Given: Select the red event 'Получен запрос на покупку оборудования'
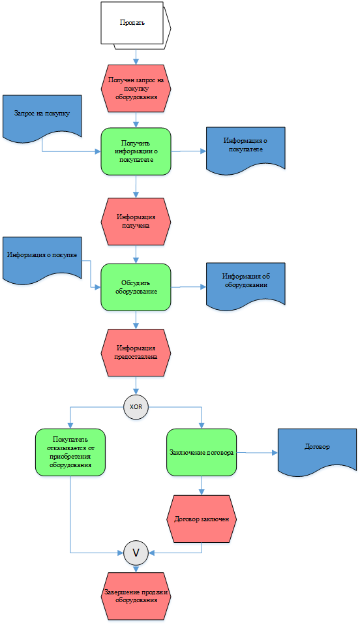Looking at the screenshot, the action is [136, 88].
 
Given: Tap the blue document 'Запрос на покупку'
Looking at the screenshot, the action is [42, 117].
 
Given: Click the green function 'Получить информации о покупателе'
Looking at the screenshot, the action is [136, 151].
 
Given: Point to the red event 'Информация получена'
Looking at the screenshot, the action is [136, 221].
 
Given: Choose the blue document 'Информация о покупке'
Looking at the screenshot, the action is [42, 260].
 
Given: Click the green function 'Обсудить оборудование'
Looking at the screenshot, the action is [136, 287].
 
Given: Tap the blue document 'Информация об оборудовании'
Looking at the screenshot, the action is [246, 285].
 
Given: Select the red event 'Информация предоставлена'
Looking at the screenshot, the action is [136, 352].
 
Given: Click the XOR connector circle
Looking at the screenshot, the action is [136, 407].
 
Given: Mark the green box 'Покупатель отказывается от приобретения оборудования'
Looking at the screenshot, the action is [70, 452].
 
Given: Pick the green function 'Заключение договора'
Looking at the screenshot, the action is [202, 452].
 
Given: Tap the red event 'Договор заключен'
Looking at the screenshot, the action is [202, 519].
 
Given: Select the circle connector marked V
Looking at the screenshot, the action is [136, 553].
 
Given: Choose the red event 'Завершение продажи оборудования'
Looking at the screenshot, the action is [136, 596].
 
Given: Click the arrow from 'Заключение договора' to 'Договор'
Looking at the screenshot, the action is [257, 453].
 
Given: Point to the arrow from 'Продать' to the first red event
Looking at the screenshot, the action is [136, 57].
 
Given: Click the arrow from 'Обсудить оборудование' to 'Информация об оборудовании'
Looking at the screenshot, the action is [188, 287].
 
